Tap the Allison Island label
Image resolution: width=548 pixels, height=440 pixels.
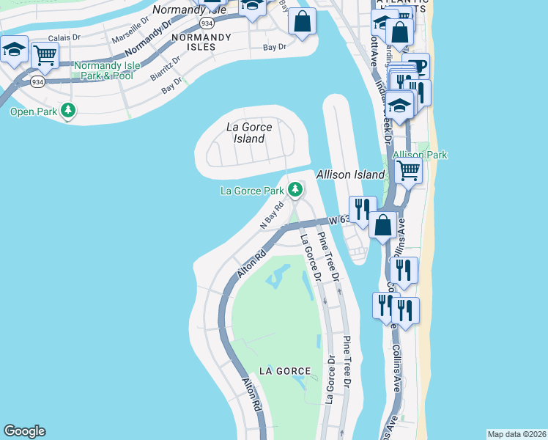coord(350,175)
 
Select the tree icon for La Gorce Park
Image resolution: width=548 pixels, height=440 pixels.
coord(295,191)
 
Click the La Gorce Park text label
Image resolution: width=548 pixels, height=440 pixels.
coord(252,191)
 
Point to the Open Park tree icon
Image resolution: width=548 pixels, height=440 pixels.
coord(69,111)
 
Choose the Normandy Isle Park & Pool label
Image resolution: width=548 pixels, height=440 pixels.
coord(103,70)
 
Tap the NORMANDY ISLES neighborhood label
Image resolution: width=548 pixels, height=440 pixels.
coord(194,41)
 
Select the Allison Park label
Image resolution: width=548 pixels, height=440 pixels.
coord(420,155)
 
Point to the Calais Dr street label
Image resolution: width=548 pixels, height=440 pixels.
coord(64,37)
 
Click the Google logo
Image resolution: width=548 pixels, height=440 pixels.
coord(24,431)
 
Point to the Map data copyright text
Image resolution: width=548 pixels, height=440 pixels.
coord(516,434)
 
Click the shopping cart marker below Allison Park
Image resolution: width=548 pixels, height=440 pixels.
coord(409,171)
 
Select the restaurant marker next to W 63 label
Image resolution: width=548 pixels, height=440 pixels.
coord(363,208)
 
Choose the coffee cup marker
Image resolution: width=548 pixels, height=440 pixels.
coord(416,66)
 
